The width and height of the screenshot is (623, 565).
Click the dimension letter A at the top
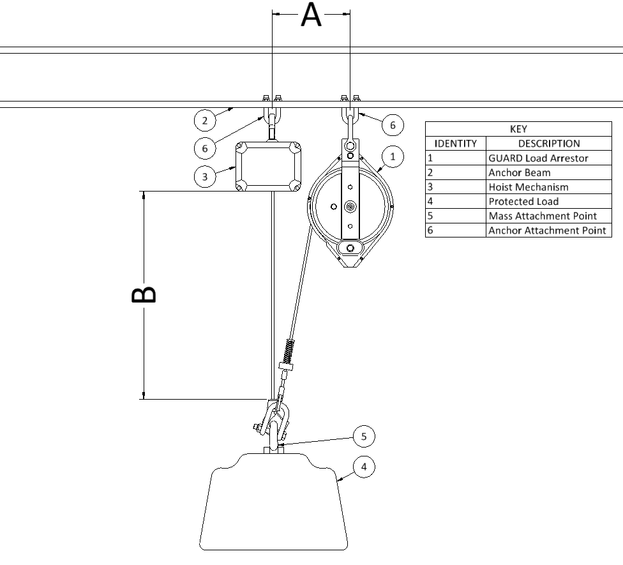click(x=311, y=15)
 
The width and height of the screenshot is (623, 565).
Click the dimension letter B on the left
click(x=144, y=294)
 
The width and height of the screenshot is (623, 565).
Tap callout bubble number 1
click(x=393, y=156)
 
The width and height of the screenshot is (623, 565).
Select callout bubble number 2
click(x=205, y=121)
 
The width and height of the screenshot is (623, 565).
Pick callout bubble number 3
click(x=205, y=177)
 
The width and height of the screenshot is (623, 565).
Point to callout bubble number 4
click(x=364, y=467)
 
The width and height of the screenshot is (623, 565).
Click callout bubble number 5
click(x=364, y=436)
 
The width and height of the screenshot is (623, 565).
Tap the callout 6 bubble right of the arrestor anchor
click(x=393, y=125)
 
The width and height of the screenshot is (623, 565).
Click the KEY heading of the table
click(x=518, y=129)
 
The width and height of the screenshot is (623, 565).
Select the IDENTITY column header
click(x=455, y=144)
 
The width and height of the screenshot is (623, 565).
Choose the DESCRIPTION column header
click(x=549, y=144)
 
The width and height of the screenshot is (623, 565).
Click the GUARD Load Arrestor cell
click(x=549, y=158)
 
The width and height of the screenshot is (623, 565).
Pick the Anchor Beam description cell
click(x=549, y=172)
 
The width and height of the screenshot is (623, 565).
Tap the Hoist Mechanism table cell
click(x=549, y=187)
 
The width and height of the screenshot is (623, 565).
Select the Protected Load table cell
click(x=549, y=202)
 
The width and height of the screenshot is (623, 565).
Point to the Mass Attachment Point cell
click(x=549, y=216)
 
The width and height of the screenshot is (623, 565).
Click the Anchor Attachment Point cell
click(x=549, y=230)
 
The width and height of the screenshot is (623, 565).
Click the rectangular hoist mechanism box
click(x=268, y=166)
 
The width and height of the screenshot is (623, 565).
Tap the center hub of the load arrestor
click(x=350, y=207)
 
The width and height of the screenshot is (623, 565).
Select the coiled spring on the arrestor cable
click(x=290, y=350)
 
